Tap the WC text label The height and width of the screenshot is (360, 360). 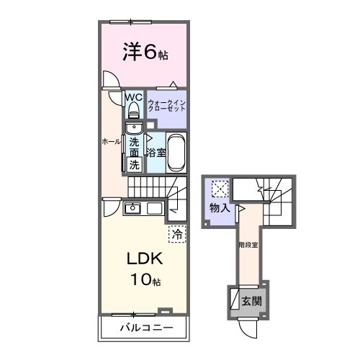point(134,97)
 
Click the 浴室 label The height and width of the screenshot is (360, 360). point(156,153)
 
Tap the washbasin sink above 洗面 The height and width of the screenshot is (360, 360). point(134,127)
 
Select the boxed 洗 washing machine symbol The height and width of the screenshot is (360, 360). point(134,164)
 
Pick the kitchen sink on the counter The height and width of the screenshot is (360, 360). point(133,209)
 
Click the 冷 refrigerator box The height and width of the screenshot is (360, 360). point(177,233)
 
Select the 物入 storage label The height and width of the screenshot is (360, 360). point(220,208)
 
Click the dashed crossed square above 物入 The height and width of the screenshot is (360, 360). point(220,189)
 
